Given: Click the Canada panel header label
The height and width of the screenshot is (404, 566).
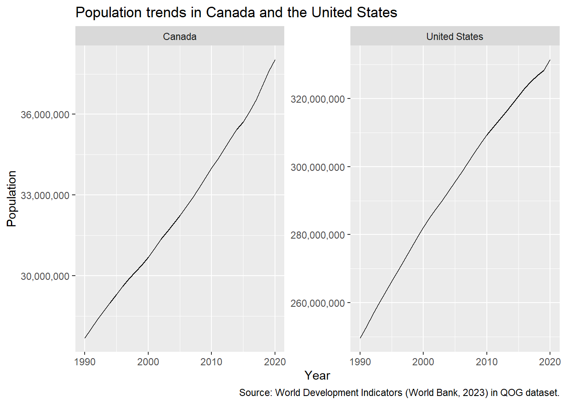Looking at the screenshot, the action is coord(180,37).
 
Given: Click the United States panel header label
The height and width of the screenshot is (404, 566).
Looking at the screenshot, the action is coord(454,37).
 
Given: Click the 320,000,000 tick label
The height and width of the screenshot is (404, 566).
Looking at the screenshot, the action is coord(318,99).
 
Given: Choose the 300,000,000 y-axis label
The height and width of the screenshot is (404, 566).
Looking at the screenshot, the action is coord(318,167).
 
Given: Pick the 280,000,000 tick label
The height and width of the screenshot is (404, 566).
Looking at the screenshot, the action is coord(318,235).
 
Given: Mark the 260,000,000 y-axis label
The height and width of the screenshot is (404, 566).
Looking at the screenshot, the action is coord(318,303).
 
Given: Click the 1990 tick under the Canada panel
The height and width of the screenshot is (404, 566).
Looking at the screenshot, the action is coord(85,362).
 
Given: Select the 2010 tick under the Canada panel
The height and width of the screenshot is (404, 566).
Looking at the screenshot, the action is coord(211,362).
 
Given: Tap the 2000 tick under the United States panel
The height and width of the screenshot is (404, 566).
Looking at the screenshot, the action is coord(423,362).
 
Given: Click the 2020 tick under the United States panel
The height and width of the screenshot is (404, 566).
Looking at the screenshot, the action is coord(550,362).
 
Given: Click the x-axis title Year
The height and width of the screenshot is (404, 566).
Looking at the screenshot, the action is coord(317,376).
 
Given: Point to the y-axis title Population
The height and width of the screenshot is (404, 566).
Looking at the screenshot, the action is coord(12,199).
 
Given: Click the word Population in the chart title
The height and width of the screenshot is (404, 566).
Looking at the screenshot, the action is coord(108,13).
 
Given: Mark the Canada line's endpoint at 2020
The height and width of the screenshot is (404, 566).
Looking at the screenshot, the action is coord(275,60).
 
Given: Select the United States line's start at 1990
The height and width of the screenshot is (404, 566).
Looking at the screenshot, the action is coord(360,338).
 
